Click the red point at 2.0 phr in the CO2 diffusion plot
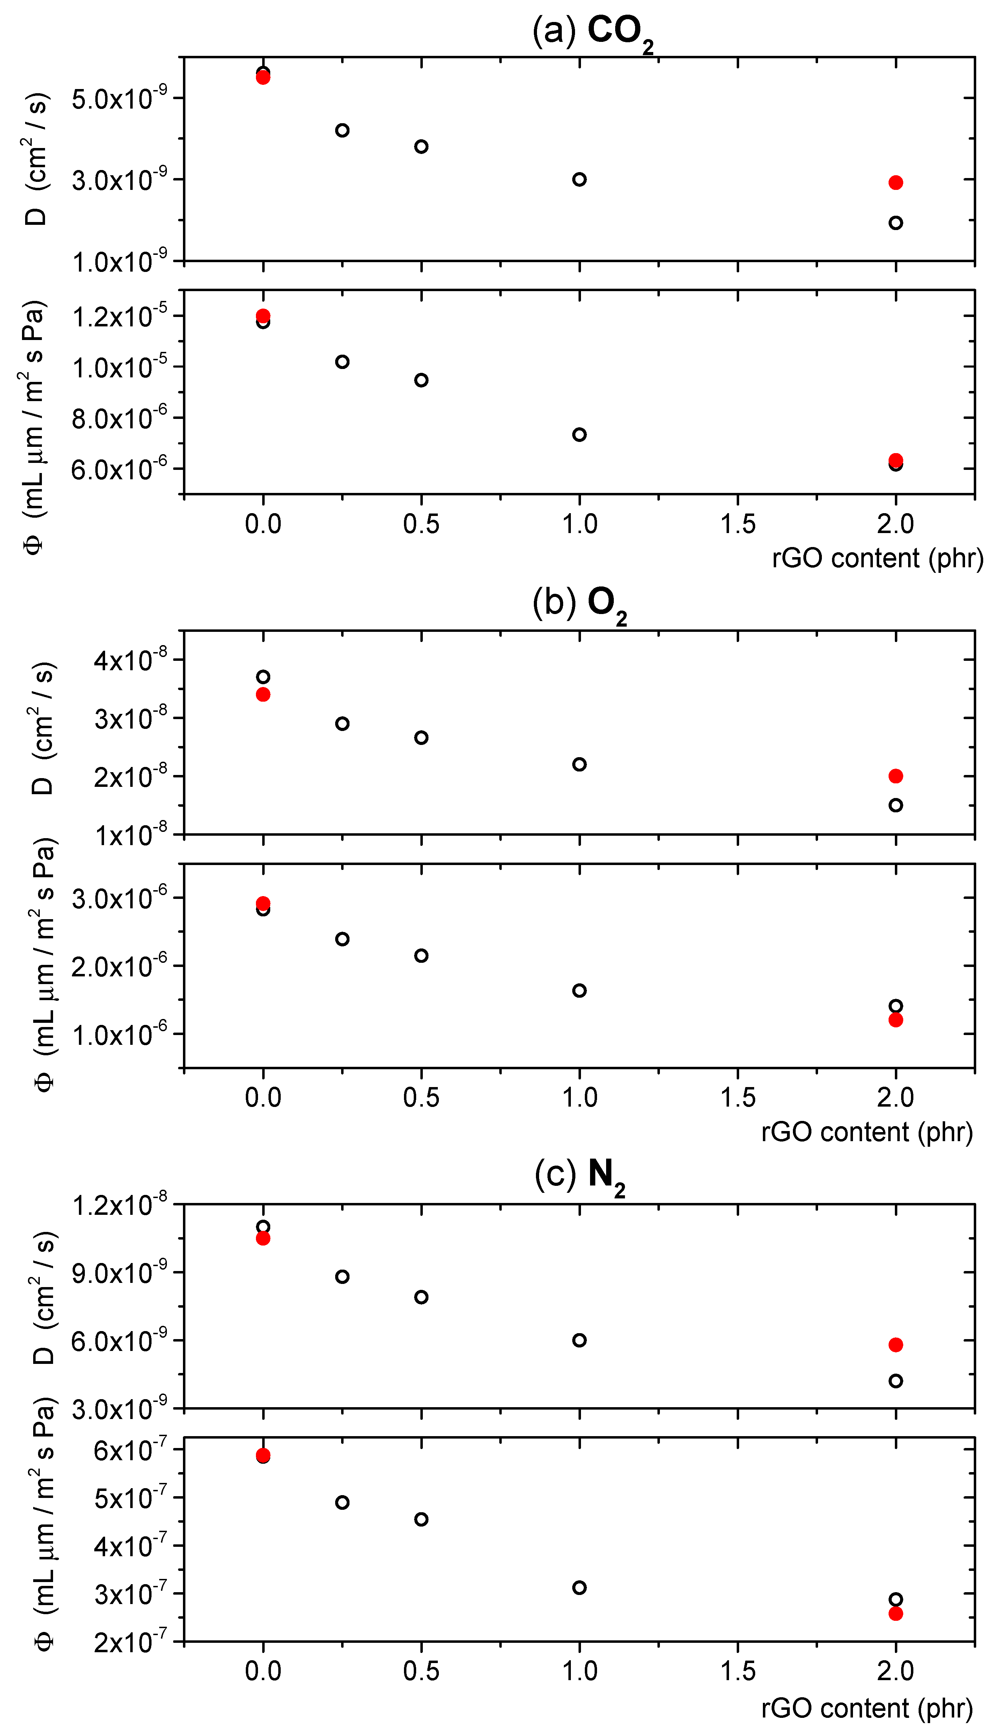pyautogui.click(x=895, y=182)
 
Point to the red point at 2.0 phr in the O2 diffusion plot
pyautogui.click(x=895, y=776)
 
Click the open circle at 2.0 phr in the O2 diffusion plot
pyautogui.click(x=895, y=805)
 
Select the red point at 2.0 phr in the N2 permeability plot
pyautogui.click(x=895, y=1613)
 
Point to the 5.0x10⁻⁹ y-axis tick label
pyautogui.click(x=120, y=99)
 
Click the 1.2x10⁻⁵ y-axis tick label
pyautogui.click(x=120, y=317)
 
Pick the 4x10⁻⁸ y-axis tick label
pyautogui.click(x=131, y=660)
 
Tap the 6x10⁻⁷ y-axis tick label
pyautogui.click(x=131, y=1450)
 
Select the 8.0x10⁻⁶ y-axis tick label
pyautogui.click(x=120, y=419)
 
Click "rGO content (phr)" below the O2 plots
pyautogui.click(x=866, y=1132)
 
